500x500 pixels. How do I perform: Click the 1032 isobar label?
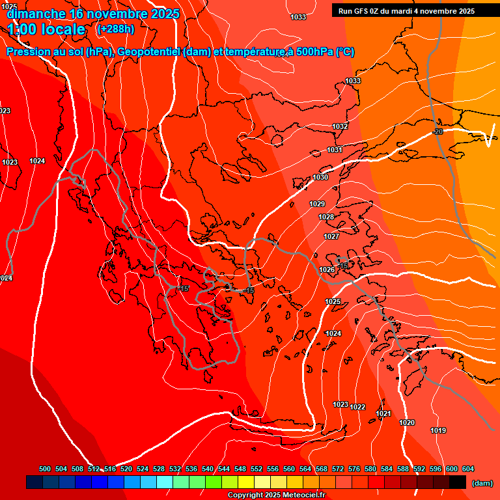click(x=340, y=126)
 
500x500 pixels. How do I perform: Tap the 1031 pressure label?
click(x=335, y=150)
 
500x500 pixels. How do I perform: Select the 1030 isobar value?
click(x=320, y=177)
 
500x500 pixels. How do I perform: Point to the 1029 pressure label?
click(x=317, y=204)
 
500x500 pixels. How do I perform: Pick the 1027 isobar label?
click(x=331, y=236)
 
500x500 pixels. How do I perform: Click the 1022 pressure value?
click(x=357, y=407)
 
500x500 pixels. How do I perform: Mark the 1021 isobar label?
click(x=383, y=413)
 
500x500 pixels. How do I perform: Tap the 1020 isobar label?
click(x=407, y=423)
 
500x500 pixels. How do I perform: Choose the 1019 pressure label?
click(x=438, y=430)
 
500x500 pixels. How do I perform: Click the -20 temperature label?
click(x=437, y=132)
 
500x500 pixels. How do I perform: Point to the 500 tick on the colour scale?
click(x=45, y=469)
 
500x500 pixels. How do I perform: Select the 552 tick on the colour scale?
click(x=257, y=469)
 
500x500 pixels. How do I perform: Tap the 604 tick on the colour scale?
click(x=468, y=469)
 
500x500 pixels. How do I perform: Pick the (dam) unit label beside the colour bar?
click(x=482, y=482)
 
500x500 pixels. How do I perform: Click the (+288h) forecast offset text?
click(x=115, y=29)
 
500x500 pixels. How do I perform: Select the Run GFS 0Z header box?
click(x=406, y=10)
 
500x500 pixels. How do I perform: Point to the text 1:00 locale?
click(x=47, y=29)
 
